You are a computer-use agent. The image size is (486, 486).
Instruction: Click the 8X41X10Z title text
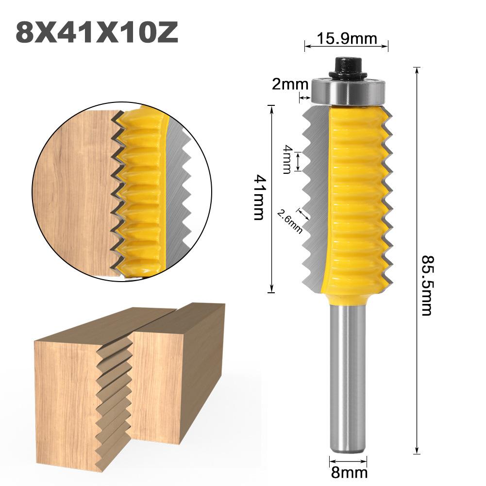97,33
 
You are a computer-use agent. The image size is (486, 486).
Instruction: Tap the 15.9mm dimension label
346,37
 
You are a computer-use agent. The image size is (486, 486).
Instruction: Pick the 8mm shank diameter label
348,471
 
